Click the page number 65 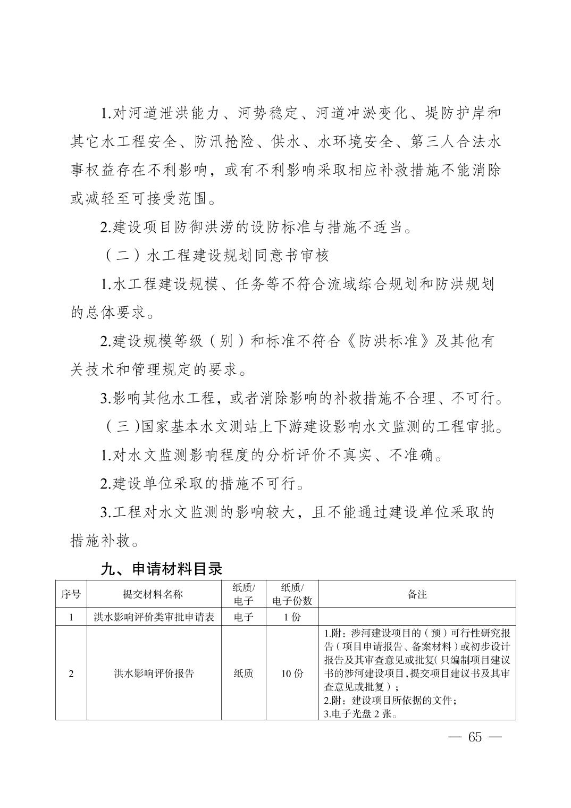coord(475,737)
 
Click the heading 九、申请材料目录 coord(161,569)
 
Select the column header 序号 coord(71,594)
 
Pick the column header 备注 coord(417,594)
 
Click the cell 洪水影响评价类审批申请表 coord(154,617)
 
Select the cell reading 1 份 coord(292,617)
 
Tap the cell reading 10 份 coord(292,674)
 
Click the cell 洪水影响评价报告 coord(154,674)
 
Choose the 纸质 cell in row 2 coord(243,674)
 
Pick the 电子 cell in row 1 coord(243,617)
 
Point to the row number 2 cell coord(71,674)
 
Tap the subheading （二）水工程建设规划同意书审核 coord(215,256)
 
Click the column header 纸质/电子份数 coord(292,594)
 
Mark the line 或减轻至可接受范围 coord(144,199)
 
